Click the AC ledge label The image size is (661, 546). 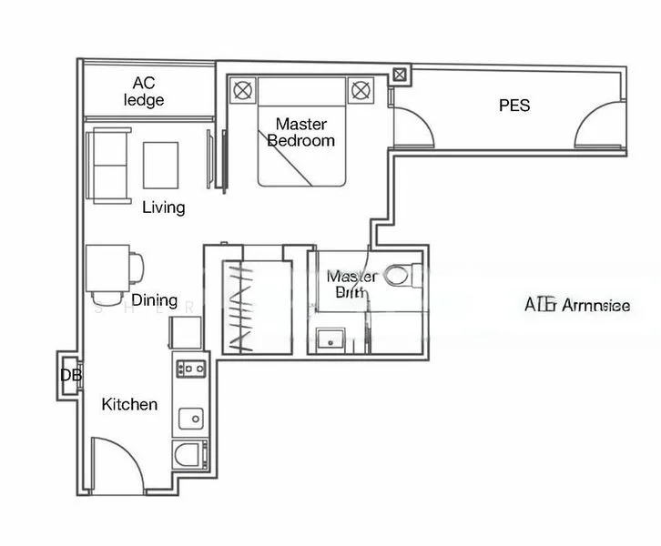[x=144, y=91]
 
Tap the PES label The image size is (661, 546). [x=514, y=106]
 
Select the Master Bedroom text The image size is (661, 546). [x=300, y=132]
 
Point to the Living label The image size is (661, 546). [x=164, y=207]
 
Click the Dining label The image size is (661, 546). [x=154, y=299]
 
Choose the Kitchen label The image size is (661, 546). [x=129, y=404]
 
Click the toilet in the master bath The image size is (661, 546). [x=399, y=274]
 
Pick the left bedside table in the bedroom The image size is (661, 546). [x=243, y=90]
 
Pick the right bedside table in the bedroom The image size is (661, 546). [x=361, y=90]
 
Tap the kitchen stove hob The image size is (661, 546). [x=192, y=369]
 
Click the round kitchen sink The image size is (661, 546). [x=191, y=419]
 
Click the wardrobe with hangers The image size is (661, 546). [x=253, y=306]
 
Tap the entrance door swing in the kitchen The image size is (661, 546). [x=116, y=464]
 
